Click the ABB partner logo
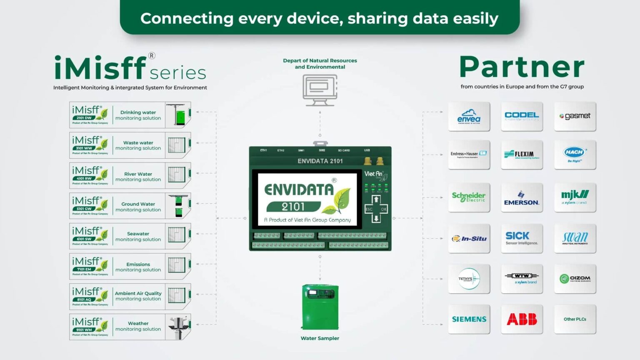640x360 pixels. [x=522, y=319]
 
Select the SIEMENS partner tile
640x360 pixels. [x=469, y=319]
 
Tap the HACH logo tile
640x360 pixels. [x=575, y=154]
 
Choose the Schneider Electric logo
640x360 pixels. [x=469, y=197]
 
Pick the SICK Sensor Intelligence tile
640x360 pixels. [x=522, y=238]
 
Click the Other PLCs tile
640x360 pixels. [x=575, y=319]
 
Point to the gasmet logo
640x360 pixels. [x=575, y=116]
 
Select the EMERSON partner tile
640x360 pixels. [x=522, y=197]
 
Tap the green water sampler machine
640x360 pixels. [x=320, y=307]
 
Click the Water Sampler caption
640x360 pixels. [x=320, y=338]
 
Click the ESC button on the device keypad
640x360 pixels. [x=369, y=209]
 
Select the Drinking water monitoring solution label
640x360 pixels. [x=138, y=115]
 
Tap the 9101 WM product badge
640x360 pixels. [x=84, y=330]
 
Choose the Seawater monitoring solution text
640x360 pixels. [x=138, y=237]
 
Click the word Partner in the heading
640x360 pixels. [x=522, y=67]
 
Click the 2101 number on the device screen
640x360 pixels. [x=293, y=207]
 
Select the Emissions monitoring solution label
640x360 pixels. [x=138, y=267]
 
